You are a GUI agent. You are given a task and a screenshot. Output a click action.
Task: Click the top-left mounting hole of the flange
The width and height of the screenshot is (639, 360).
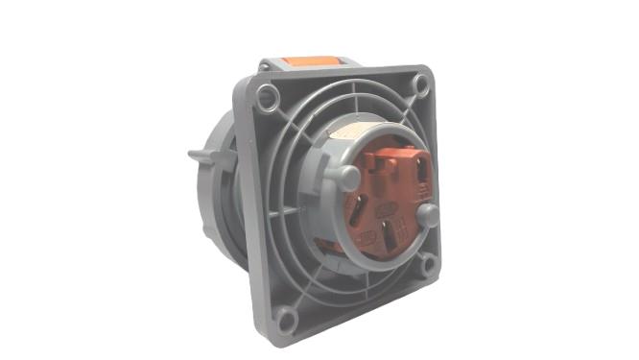pyautogui.click(x=269, y=95)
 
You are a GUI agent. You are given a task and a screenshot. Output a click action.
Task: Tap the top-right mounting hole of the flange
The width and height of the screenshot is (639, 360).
pyautogui.click(x=420, y=84)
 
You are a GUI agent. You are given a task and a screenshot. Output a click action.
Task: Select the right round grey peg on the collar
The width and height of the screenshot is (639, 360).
pyautogui.click(x=429, y=213)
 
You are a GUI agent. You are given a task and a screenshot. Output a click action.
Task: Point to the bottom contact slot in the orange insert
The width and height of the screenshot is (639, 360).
pyautogui.click(x=386, y=234)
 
